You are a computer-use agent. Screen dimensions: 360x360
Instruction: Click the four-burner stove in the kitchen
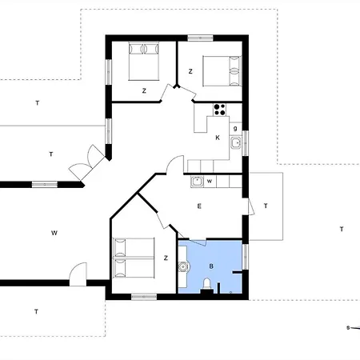coord(219,110)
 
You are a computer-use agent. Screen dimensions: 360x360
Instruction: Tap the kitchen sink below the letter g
coord(236,143)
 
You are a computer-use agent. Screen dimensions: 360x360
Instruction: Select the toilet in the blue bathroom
coord(207,286)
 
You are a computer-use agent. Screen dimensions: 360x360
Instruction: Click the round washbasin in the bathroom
coord(183,266)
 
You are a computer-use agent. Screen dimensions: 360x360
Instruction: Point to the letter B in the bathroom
coord(211,266)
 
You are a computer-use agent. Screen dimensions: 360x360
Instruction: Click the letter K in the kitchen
coord(218,138)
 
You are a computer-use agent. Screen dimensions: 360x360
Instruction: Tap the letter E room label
coord(199,206)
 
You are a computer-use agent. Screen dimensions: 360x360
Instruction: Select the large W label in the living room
coord(54,233)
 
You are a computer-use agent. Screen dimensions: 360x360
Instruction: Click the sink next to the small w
coord(197,182)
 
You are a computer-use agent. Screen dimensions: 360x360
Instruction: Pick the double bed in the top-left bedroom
coord(144,61)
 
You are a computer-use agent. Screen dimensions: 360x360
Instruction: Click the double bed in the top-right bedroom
coord(222,71)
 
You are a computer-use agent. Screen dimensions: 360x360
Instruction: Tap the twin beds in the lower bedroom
coord(134,258)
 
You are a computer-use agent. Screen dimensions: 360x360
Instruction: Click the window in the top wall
coord(201,38)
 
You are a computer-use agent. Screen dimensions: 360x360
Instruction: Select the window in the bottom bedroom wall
coord(144,297)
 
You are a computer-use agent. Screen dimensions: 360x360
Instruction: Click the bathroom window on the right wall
coord(246,257)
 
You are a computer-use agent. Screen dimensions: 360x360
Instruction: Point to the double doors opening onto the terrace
coord(87,163)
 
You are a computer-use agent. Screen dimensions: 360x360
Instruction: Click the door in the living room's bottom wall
coord(78,274)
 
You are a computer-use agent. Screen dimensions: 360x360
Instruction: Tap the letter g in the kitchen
coord(235,129)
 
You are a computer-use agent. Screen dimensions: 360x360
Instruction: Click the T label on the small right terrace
coord(266,206)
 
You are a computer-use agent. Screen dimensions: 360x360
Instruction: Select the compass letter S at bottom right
coord(348,327)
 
